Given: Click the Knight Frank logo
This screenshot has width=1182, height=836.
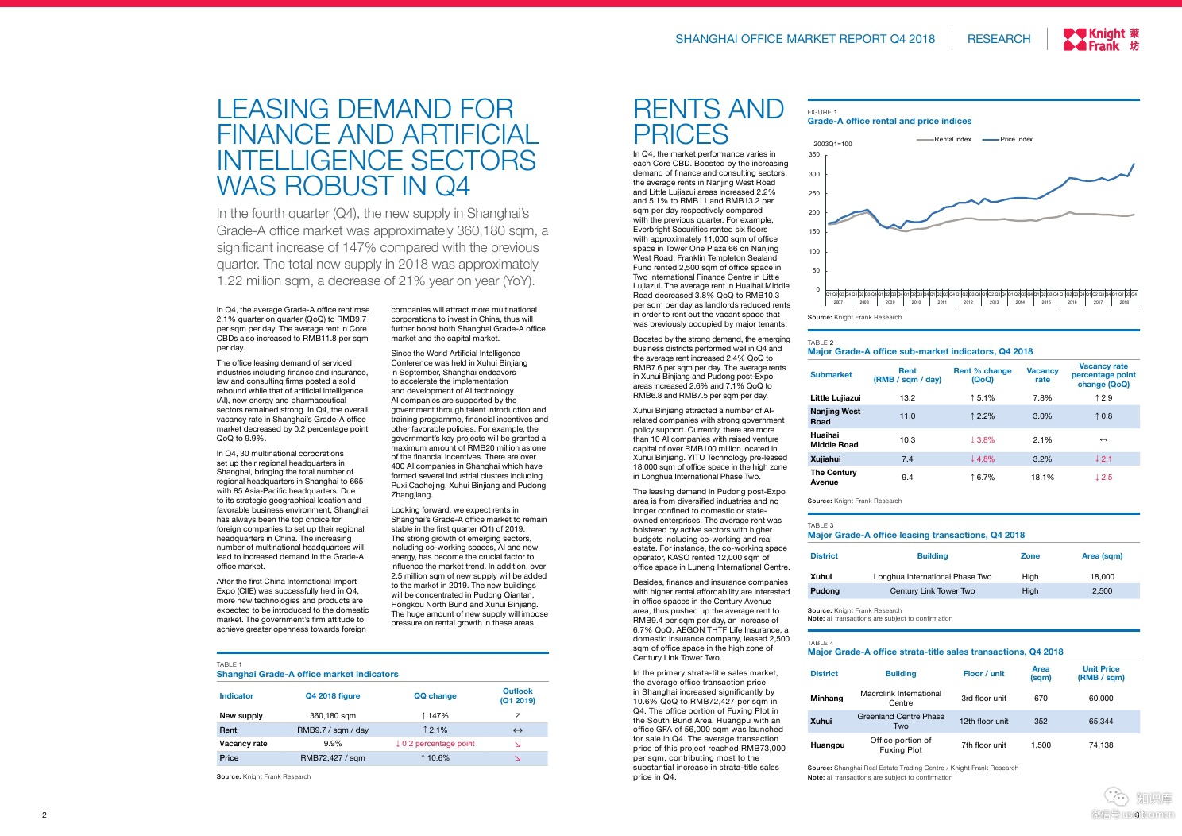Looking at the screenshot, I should coord(1101,39).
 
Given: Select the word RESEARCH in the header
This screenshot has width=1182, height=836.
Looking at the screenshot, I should coord(999,39).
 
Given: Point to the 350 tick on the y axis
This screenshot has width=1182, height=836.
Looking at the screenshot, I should coord(814,155).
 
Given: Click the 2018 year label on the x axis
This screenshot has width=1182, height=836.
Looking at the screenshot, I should coord(1124,302).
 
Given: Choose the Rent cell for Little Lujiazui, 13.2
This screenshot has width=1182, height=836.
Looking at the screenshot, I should coord(907,398).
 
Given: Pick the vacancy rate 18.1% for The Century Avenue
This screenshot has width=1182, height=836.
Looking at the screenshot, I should coord(1042,478).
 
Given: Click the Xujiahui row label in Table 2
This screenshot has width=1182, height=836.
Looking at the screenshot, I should coord(825,459).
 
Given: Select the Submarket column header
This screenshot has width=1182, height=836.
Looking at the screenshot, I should coord(831,375).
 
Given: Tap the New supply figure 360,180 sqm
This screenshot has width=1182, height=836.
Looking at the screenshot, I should coord(332,716).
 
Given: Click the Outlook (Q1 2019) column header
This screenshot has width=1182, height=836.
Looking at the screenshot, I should coord(517,696).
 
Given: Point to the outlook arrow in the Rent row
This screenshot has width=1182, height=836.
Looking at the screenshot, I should coord(517,730).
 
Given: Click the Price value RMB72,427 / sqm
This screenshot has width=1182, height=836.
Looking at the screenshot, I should coord(332,758).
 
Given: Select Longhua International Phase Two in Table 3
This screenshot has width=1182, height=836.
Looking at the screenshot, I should coord(932,577).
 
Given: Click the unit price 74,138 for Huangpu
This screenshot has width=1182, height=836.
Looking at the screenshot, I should coord(1100,745).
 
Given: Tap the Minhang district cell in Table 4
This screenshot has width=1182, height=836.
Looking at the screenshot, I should coord(826,699).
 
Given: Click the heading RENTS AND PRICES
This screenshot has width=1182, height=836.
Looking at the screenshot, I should coord(708,122).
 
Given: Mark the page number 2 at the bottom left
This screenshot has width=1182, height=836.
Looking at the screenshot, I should coord(44,815).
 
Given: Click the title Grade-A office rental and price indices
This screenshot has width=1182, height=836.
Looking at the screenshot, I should coord(889,122).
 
